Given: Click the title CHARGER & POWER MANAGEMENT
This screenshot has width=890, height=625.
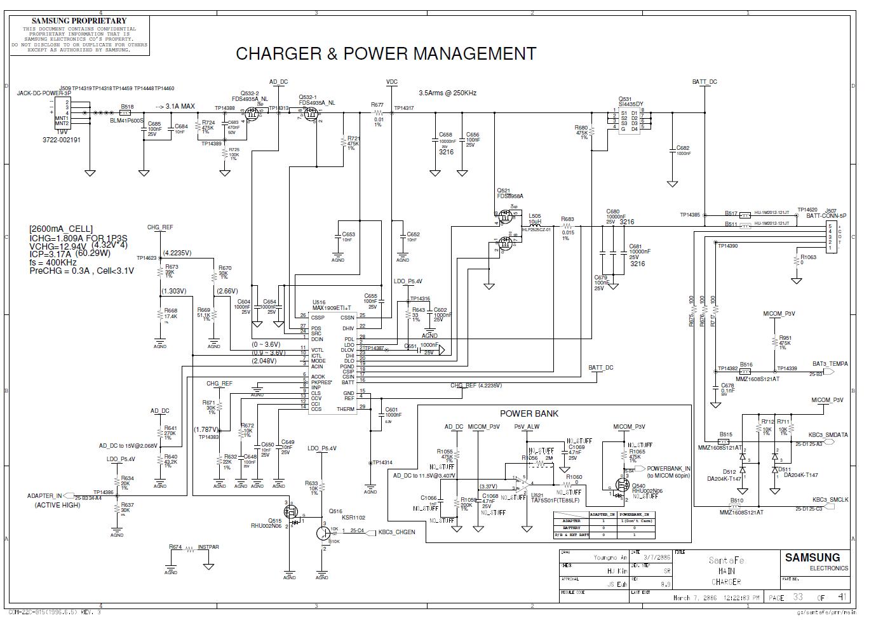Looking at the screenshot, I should pyautogui.click(x=386, y=54).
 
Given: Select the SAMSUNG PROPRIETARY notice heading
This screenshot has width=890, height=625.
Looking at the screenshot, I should pyautogui.click(x=79, y=21).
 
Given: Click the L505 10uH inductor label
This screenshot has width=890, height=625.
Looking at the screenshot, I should pyautogui.click(x=535, y=220).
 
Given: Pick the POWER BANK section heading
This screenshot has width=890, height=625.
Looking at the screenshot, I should pyautogui.click(x=529, y=413).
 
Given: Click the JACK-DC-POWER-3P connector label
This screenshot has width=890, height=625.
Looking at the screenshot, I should pyautogui.click(x=44, y=93).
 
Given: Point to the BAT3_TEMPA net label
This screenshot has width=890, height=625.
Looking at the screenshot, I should pyautogui.click(x=830, y=364).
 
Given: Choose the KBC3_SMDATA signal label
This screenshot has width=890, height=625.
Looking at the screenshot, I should pyautogui.click(x=828, y=435).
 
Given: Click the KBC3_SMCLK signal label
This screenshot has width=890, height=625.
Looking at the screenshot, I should pyautogui.click(x=830, y=500).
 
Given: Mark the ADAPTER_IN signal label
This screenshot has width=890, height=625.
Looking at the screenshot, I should pyautogui.click(x=44, y=496).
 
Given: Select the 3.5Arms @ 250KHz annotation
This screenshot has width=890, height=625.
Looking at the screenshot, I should pyautogui.click(x=447, y=93).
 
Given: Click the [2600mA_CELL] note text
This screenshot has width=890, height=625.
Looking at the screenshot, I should pyautogui.click(x=61, y=229).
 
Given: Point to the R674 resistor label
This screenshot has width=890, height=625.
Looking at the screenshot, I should pyautogui.click(x=175, y=547).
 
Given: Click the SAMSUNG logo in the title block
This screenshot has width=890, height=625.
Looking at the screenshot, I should pyautogui.click(x=812, y=558).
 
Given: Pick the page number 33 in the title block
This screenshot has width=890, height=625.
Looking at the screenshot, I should pyautogui.click(x=798, y=597).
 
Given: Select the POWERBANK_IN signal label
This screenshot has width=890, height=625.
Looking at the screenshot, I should pyautogui.click(x=668, y=469).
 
